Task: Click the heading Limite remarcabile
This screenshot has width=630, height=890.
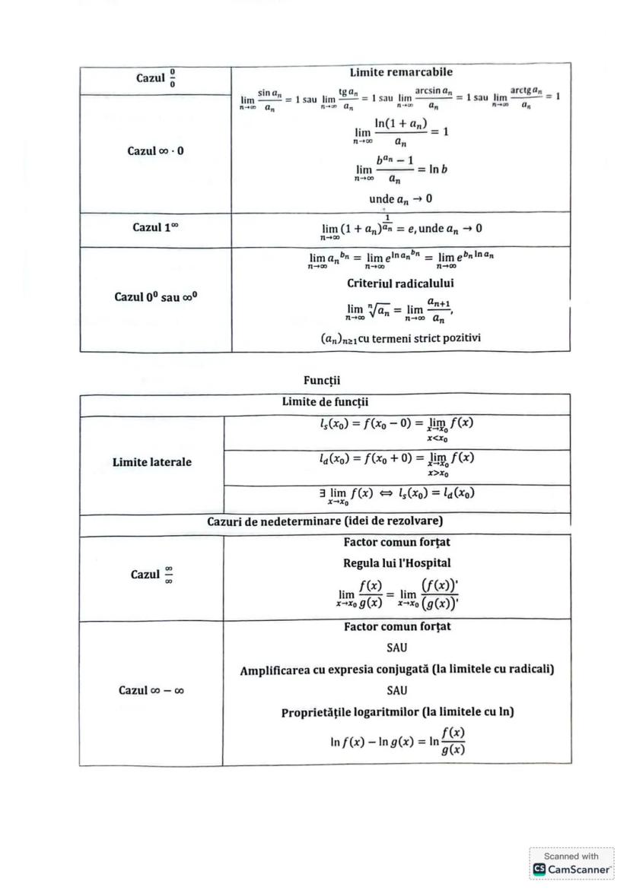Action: point(401,72)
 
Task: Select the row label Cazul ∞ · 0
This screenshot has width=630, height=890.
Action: point(155,150)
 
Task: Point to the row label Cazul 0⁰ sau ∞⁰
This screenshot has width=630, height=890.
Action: point(155,296)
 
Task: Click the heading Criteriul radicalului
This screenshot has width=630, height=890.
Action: point(401,283)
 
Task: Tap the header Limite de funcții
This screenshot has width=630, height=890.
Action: point(325,402)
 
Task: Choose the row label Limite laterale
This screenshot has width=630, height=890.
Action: point(152,462)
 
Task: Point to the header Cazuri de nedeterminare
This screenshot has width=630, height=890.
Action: point(325,521)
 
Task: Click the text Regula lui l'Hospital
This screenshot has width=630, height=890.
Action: point(396,563)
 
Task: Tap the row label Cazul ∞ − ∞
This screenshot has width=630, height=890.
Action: point(151,690)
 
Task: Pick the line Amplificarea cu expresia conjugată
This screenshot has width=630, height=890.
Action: point(396,670)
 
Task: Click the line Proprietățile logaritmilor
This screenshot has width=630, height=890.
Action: point(396,712)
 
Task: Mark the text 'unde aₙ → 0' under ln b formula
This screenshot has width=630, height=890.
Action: point(401,199)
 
